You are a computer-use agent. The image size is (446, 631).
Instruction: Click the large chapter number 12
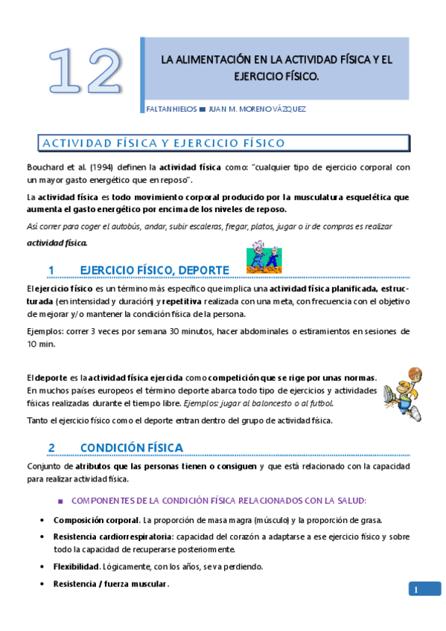pyautogui.click(x=84, y=70)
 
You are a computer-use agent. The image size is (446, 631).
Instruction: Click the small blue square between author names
pyautogui.click(x=202, y=109)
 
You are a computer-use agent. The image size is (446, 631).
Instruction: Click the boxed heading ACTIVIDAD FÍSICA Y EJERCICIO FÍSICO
pyautogui.click(x=163, y=143)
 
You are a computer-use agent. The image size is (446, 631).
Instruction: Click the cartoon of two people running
pyautogui.click(x=265, y=257)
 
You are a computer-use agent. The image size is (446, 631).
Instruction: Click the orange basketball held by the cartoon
pyautogui.click(x=415, y=372)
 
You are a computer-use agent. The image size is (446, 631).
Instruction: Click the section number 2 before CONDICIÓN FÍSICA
pyautogui.click(x=51, y=448)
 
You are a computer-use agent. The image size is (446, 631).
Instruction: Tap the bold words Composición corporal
pyautogui.click(x=96, y=519)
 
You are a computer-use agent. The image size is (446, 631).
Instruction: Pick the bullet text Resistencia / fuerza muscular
pyautogui.click(x=111, y=584)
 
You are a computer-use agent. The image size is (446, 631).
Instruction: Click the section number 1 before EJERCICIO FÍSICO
pyautogui.click(x=51, y=269)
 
